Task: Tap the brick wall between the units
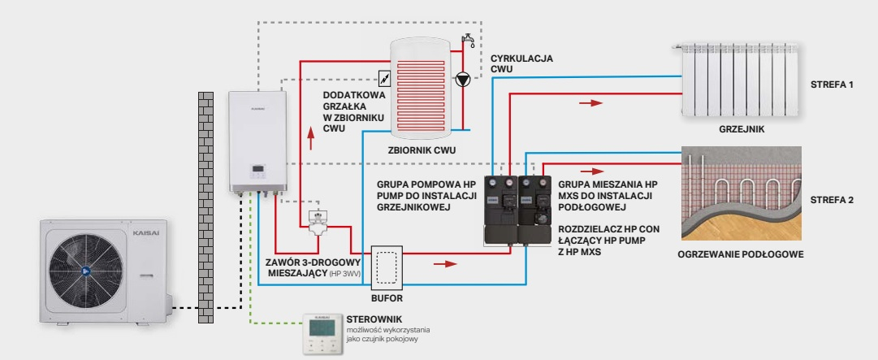[206, 208]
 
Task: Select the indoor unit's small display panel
[258, 169]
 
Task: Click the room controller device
[322, 334]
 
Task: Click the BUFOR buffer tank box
[387, 268]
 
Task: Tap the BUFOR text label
[387, 298]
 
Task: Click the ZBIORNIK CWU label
[422, 150]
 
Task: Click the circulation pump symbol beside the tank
[462, 80]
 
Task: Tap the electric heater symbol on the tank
[385, 77]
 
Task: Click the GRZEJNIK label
[742, 130]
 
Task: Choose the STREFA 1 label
[832, 85]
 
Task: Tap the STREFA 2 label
[832, 200]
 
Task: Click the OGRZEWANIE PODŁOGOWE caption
[740, 254]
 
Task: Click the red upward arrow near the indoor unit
[311, 137]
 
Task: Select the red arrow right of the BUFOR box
[446, 263]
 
